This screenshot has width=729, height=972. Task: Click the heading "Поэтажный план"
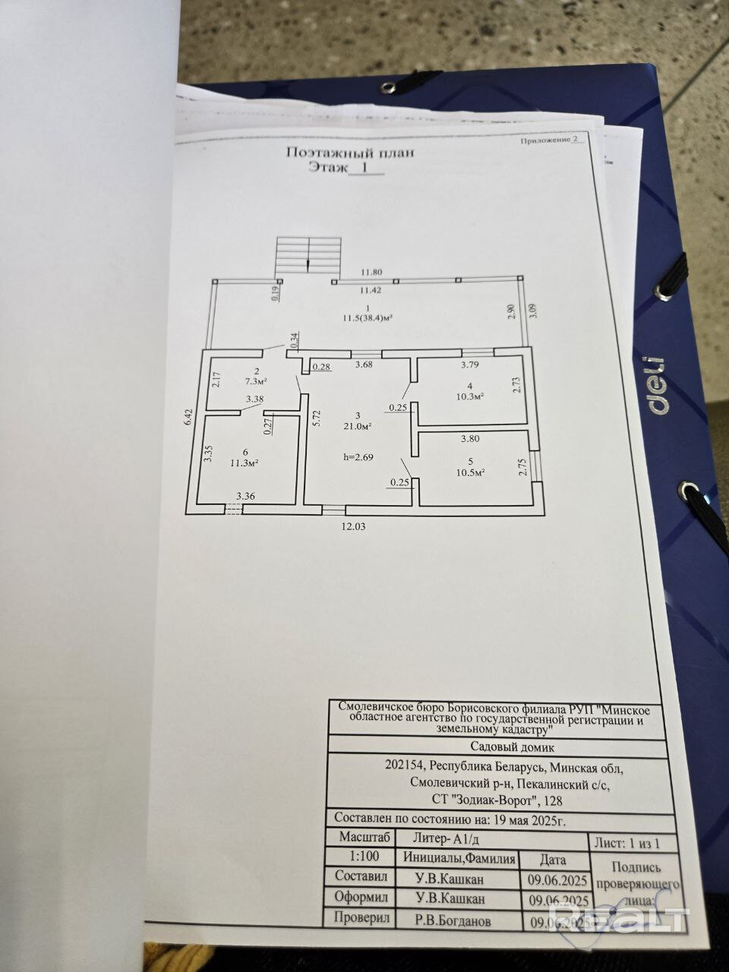click(x=349, y=152)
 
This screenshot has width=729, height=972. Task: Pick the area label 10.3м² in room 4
click(x=469, y=396)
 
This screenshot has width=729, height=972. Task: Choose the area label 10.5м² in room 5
click(x=470, y=472)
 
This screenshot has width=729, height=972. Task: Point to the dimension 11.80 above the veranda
click(x=372, y=272)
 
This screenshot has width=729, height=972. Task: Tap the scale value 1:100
click(x=361, y=854)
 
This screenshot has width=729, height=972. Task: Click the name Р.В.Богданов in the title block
click(x=453, y=920)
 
